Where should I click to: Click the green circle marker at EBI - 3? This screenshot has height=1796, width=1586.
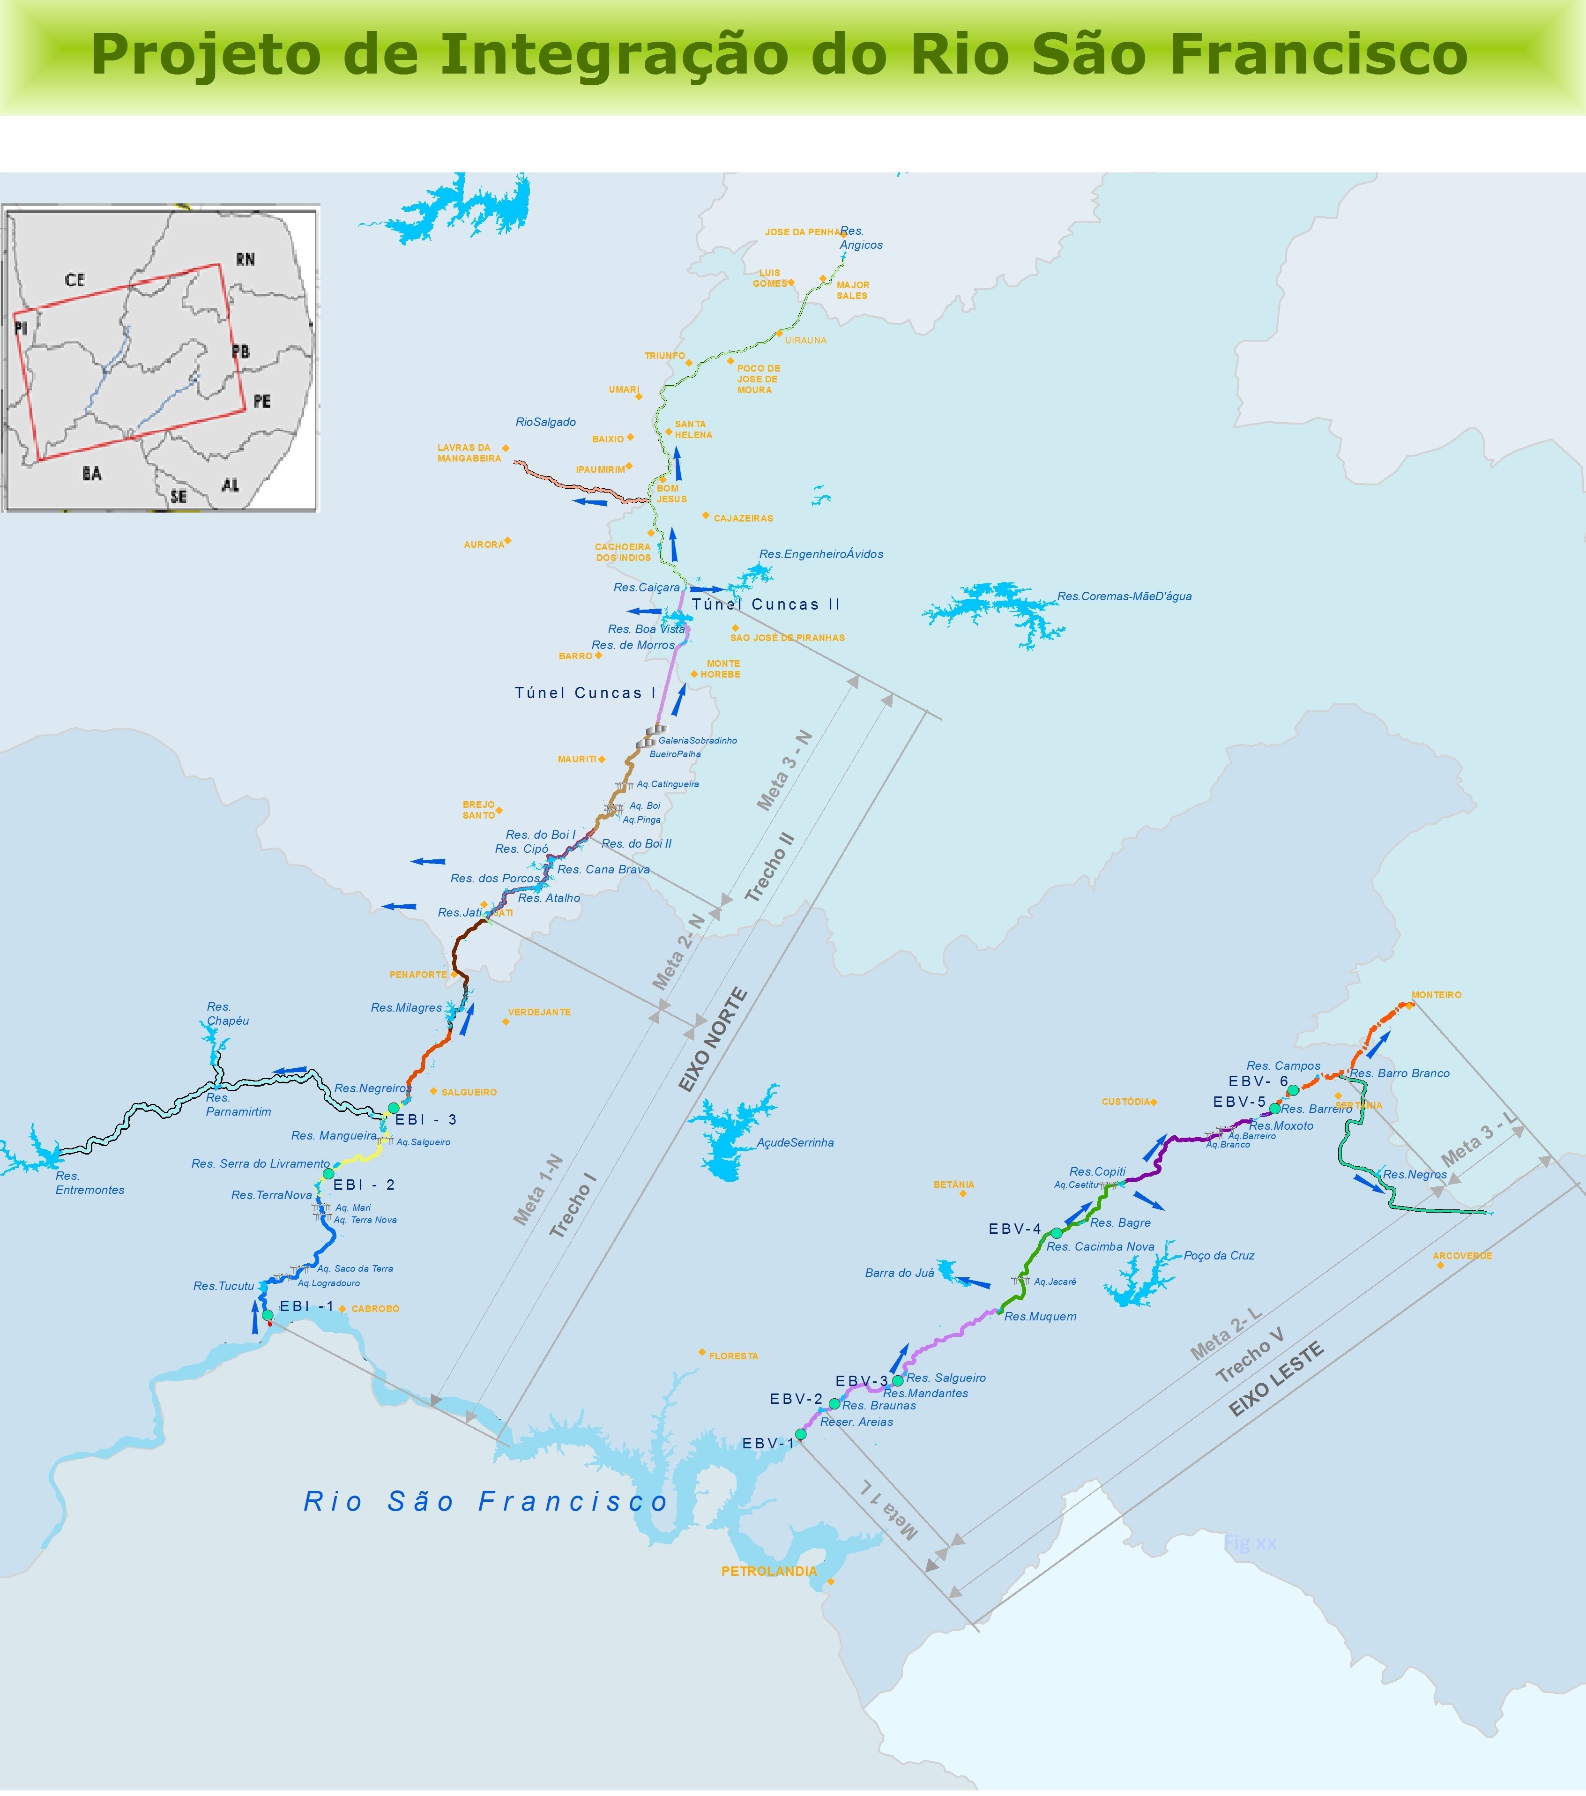pos(394,1108)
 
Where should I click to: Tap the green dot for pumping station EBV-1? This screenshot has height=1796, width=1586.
pos(800,1434)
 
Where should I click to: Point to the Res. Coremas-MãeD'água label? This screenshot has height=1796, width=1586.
pos(1124,596)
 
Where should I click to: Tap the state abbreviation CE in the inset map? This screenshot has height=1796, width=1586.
pos(74,279)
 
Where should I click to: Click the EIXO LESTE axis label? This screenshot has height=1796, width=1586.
pos(1276,1379)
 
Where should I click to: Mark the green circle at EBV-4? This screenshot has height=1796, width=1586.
pos(1056,1233)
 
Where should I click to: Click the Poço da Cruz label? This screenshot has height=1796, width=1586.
pos(1219,1256)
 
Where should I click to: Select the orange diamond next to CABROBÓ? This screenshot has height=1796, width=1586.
pos(342,1308)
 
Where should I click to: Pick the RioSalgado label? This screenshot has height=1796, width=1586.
pos(546,422)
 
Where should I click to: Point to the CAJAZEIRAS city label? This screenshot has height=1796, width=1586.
pos(743,518)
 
